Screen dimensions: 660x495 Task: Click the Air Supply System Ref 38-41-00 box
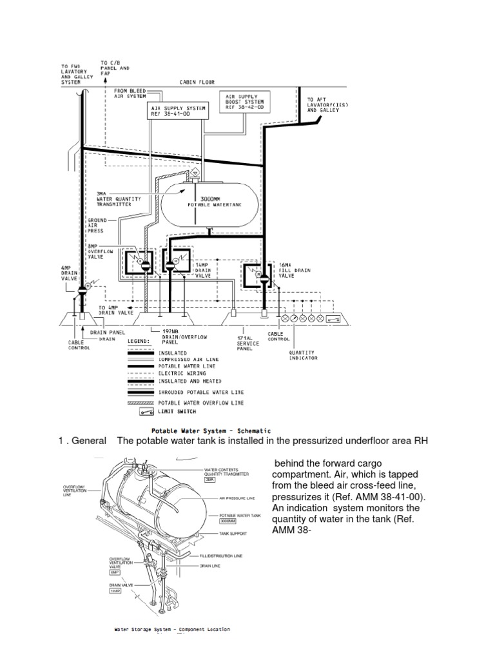click(177, 112)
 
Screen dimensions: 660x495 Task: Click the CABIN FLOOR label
click(197, 82)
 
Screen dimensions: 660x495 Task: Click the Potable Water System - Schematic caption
click(211, 431)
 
